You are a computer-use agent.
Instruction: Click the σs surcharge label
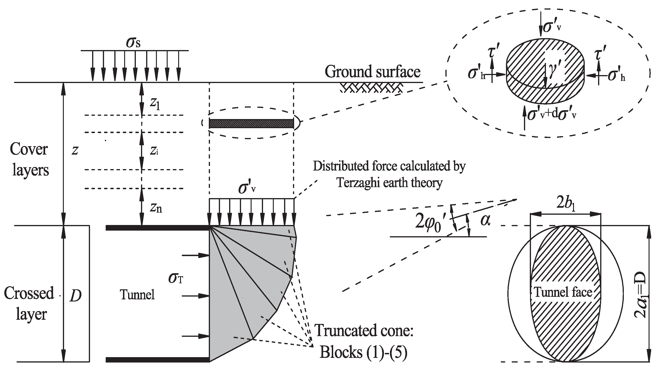pyautogui.click(x=133, y=43)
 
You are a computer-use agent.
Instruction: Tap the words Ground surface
pyautogui.click(x=372, y=72)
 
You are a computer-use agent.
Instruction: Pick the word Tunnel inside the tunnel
pyautogui.click(x=137, y=295)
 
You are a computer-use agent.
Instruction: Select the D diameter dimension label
pyautogui.click(x=76, y=296)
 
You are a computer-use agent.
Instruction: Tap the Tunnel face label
pyautogui.click(x=563, y=292)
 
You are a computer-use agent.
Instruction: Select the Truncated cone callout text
pyautogui.click(x=364, y=331)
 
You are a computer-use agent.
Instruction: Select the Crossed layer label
pyautogui.click(x=29, y=304)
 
